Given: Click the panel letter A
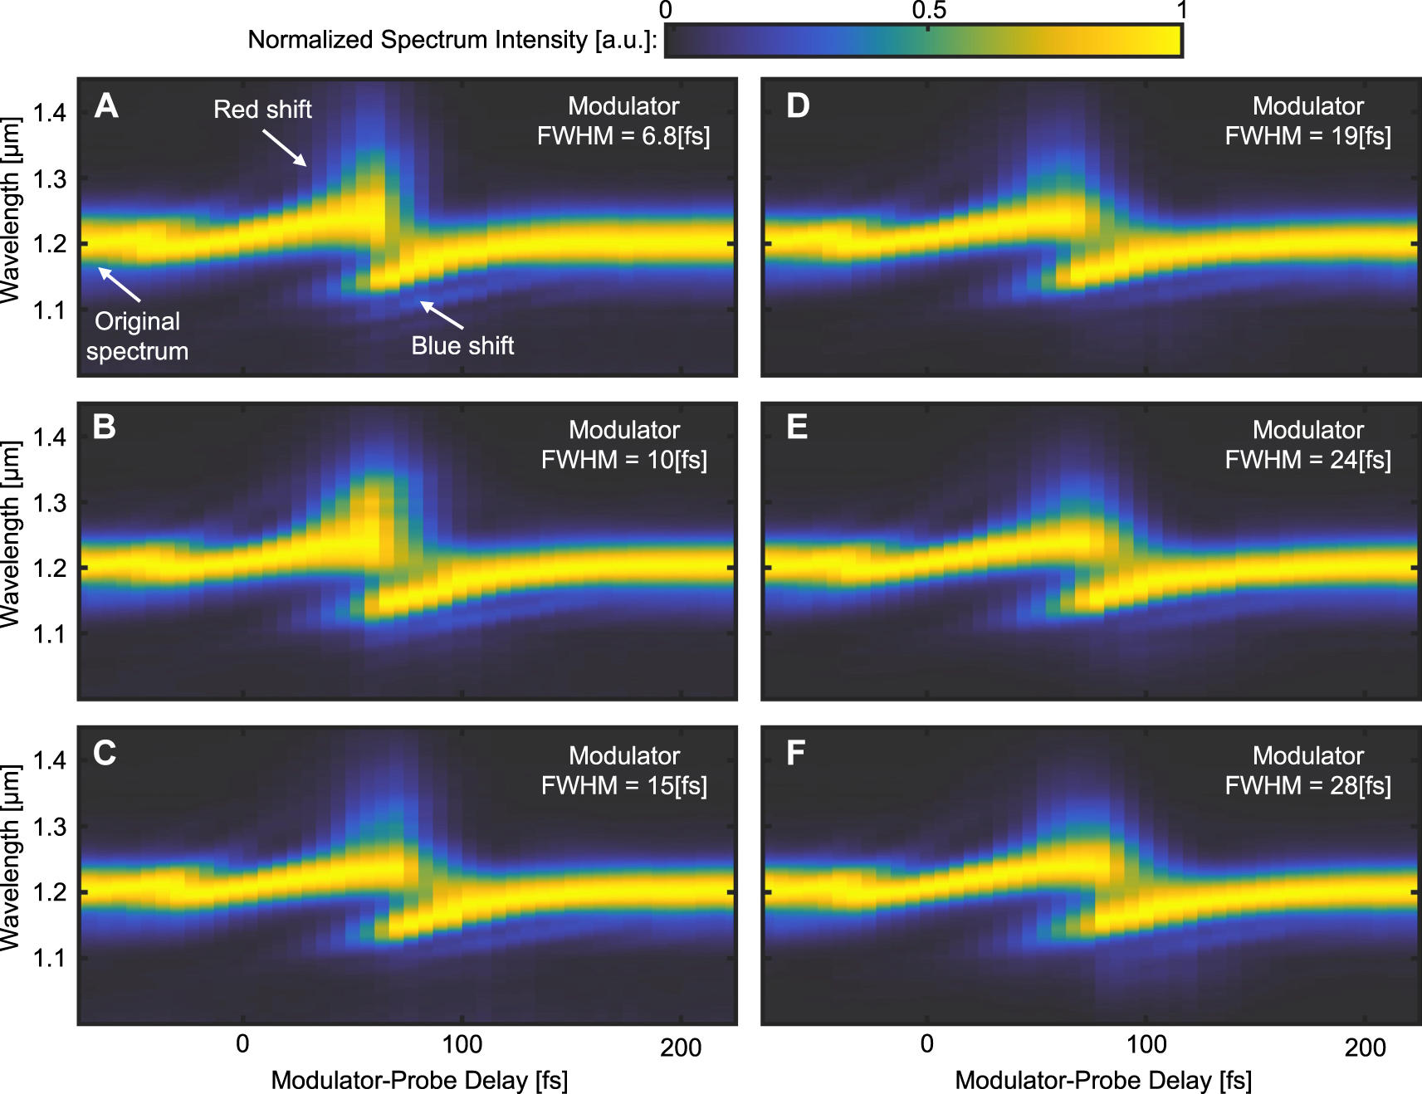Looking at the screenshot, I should pos(106,106).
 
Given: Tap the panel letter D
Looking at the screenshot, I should pos(798,106).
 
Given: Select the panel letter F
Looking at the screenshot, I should pos(795,754).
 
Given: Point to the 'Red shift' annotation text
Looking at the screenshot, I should pos(262,110).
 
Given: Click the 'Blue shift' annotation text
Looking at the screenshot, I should pos(462,345).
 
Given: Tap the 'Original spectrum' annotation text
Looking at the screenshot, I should pos(138,336).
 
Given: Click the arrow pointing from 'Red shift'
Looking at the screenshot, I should pos(285,148).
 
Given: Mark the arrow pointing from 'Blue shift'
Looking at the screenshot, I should pos(442,315).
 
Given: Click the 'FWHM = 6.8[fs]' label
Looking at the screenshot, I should pos(623,135).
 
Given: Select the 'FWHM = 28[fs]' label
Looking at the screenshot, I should pos(1307,785).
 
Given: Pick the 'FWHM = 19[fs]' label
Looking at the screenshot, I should pos(1307,135).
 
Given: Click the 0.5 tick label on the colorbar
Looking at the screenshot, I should pos(929,10).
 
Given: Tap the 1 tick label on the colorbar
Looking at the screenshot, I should pos(1181,10).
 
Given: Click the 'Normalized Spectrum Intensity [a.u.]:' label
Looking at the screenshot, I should pos(452,40).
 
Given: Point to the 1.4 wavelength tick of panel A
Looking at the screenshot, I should pos(49,113).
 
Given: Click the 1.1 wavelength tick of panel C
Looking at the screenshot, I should pos(49,958).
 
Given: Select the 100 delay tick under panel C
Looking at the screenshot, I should pos(462,1044).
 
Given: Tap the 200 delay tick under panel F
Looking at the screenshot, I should pos(1365,1046).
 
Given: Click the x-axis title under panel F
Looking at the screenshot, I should pos(1103,1080).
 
